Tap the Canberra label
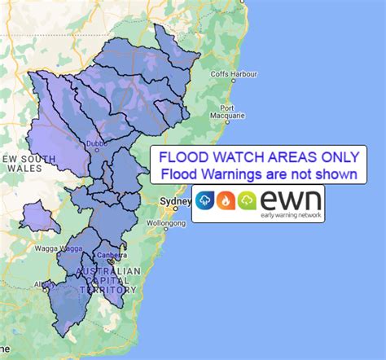coord(111,252)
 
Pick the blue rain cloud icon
coord(205,200)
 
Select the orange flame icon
coord(226,200)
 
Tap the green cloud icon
coord(247,200)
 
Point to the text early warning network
coord(289,216)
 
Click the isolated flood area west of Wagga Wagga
coord(37,217)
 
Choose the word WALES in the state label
coord(16,169)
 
